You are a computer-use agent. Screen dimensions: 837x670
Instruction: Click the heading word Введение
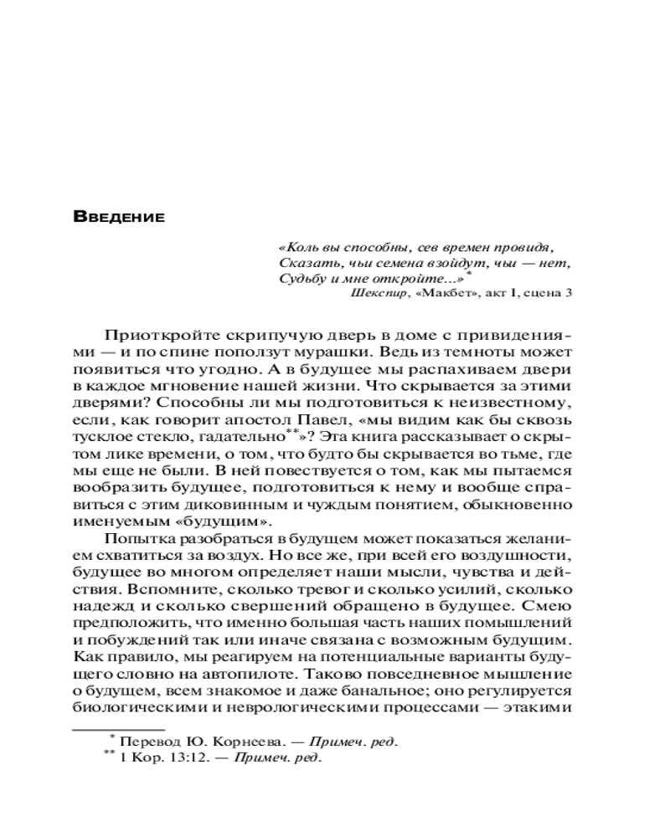tap(119, 218)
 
